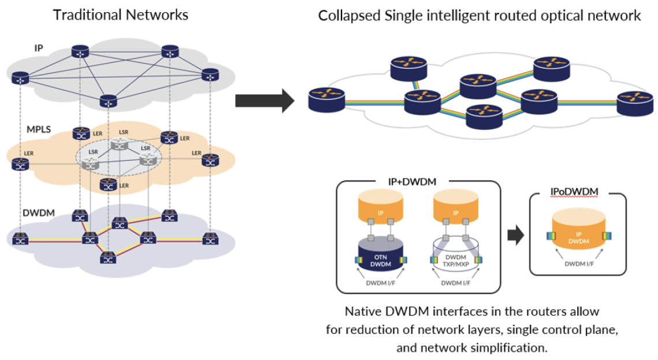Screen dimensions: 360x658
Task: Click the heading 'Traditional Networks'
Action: coord(121,15)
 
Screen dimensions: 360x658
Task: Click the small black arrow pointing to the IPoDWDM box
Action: coord(515,235)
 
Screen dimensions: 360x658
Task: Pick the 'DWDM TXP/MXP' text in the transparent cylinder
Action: coord(455,261)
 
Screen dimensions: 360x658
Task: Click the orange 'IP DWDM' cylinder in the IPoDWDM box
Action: coord(577,233)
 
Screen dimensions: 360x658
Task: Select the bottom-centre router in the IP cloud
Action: coord(108,102)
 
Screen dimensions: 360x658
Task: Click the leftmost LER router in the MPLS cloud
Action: coord(21,164)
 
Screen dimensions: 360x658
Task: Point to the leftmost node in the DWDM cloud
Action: coord(21,237)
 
